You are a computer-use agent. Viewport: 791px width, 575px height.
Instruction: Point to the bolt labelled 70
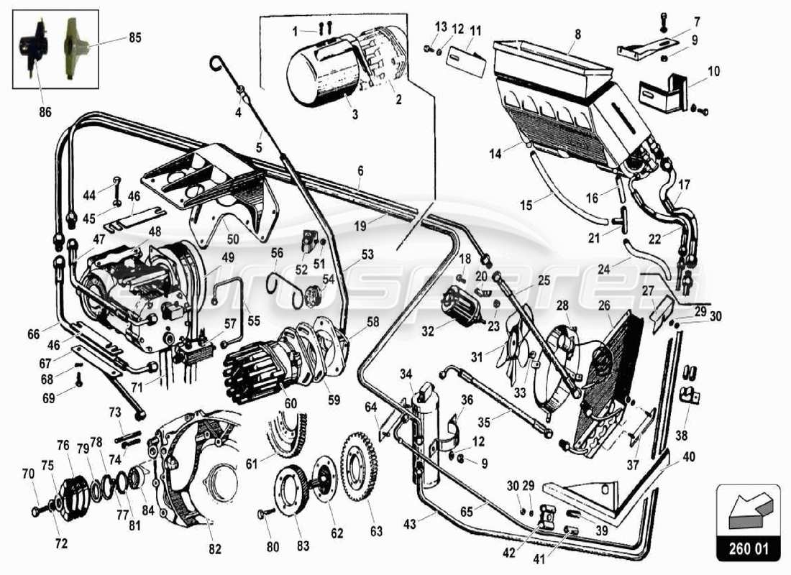pyautogui.click(x=36, y=511)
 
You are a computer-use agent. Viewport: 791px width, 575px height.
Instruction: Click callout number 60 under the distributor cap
pyautogui.click(x=291, y=403)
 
